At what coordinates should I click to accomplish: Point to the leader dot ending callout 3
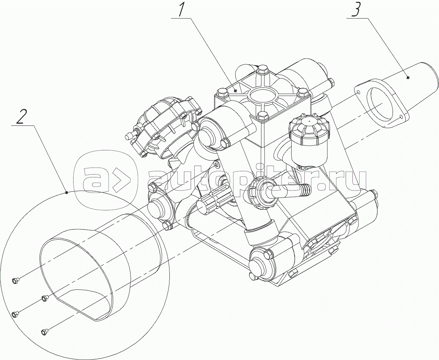coord(408,78)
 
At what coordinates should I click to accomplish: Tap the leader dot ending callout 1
coord(236,91)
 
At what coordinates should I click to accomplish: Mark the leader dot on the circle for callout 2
coord(66,192)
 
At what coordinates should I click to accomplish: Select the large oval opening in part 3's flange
coord(380,104)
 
